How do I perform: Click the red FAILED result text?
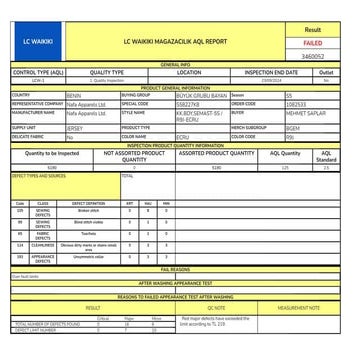[312, 43]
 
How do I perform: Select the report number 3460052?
[312, 57]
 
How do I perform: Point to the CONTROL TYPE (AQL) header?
[38, 73]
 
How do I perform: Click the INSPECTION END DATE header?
[271, 73]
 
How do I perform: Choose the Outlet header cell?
[326, 73]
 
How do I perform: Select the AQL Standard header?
[326, 157]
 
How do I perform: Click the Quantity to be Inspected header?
[51, 154]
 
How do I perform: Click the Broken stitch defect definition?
[88, 211]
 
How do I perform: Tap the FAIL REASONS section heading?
[175, 269]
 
